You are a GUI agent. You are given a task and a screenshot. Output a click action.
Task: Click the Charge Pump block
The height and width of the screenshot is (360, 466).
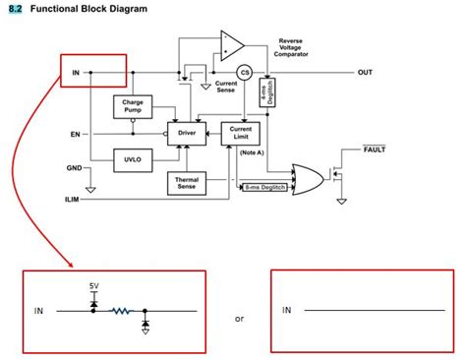(x=134, y=106)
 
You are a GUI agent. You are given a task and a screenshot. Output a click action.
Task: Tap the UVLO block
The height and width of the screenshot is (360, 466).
(x=134, y=156)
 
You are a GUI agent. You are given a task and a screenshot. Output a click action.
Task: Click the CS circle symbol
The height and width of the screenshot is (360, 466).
(x=245, y=72)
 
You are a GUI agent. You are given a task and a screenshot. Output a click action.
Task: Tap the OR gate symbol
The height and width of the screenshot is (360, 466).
(x=306, y=178)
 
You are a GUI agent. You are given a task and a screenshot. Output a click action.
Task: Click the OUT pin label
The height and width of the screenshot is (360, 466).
(x=365, y=73)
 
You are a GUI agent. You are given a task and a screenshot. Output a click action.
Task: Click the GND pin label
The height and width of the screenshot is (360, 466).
(x=75, y=168)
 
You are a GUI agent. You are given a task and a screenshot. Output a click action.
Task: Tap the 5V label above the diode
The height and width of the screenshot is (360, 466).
(x=93, y=285)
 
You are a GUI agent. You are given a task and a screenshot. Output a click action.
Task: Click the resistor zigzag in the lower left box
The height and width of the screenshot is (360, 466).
(x=120, y=310)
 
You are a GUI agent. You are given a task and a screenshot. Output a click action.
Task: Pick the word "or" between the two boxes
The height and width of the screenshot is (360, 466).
(x=239, y=319)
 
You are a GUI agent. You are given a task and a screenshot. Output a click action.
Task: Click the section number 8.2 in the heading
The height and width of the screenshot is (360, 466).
(x=15, y=9)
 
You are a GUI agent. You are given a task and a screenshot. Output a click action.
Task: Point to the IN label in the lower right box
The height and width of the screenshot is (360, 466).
(x=287, y=310)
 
